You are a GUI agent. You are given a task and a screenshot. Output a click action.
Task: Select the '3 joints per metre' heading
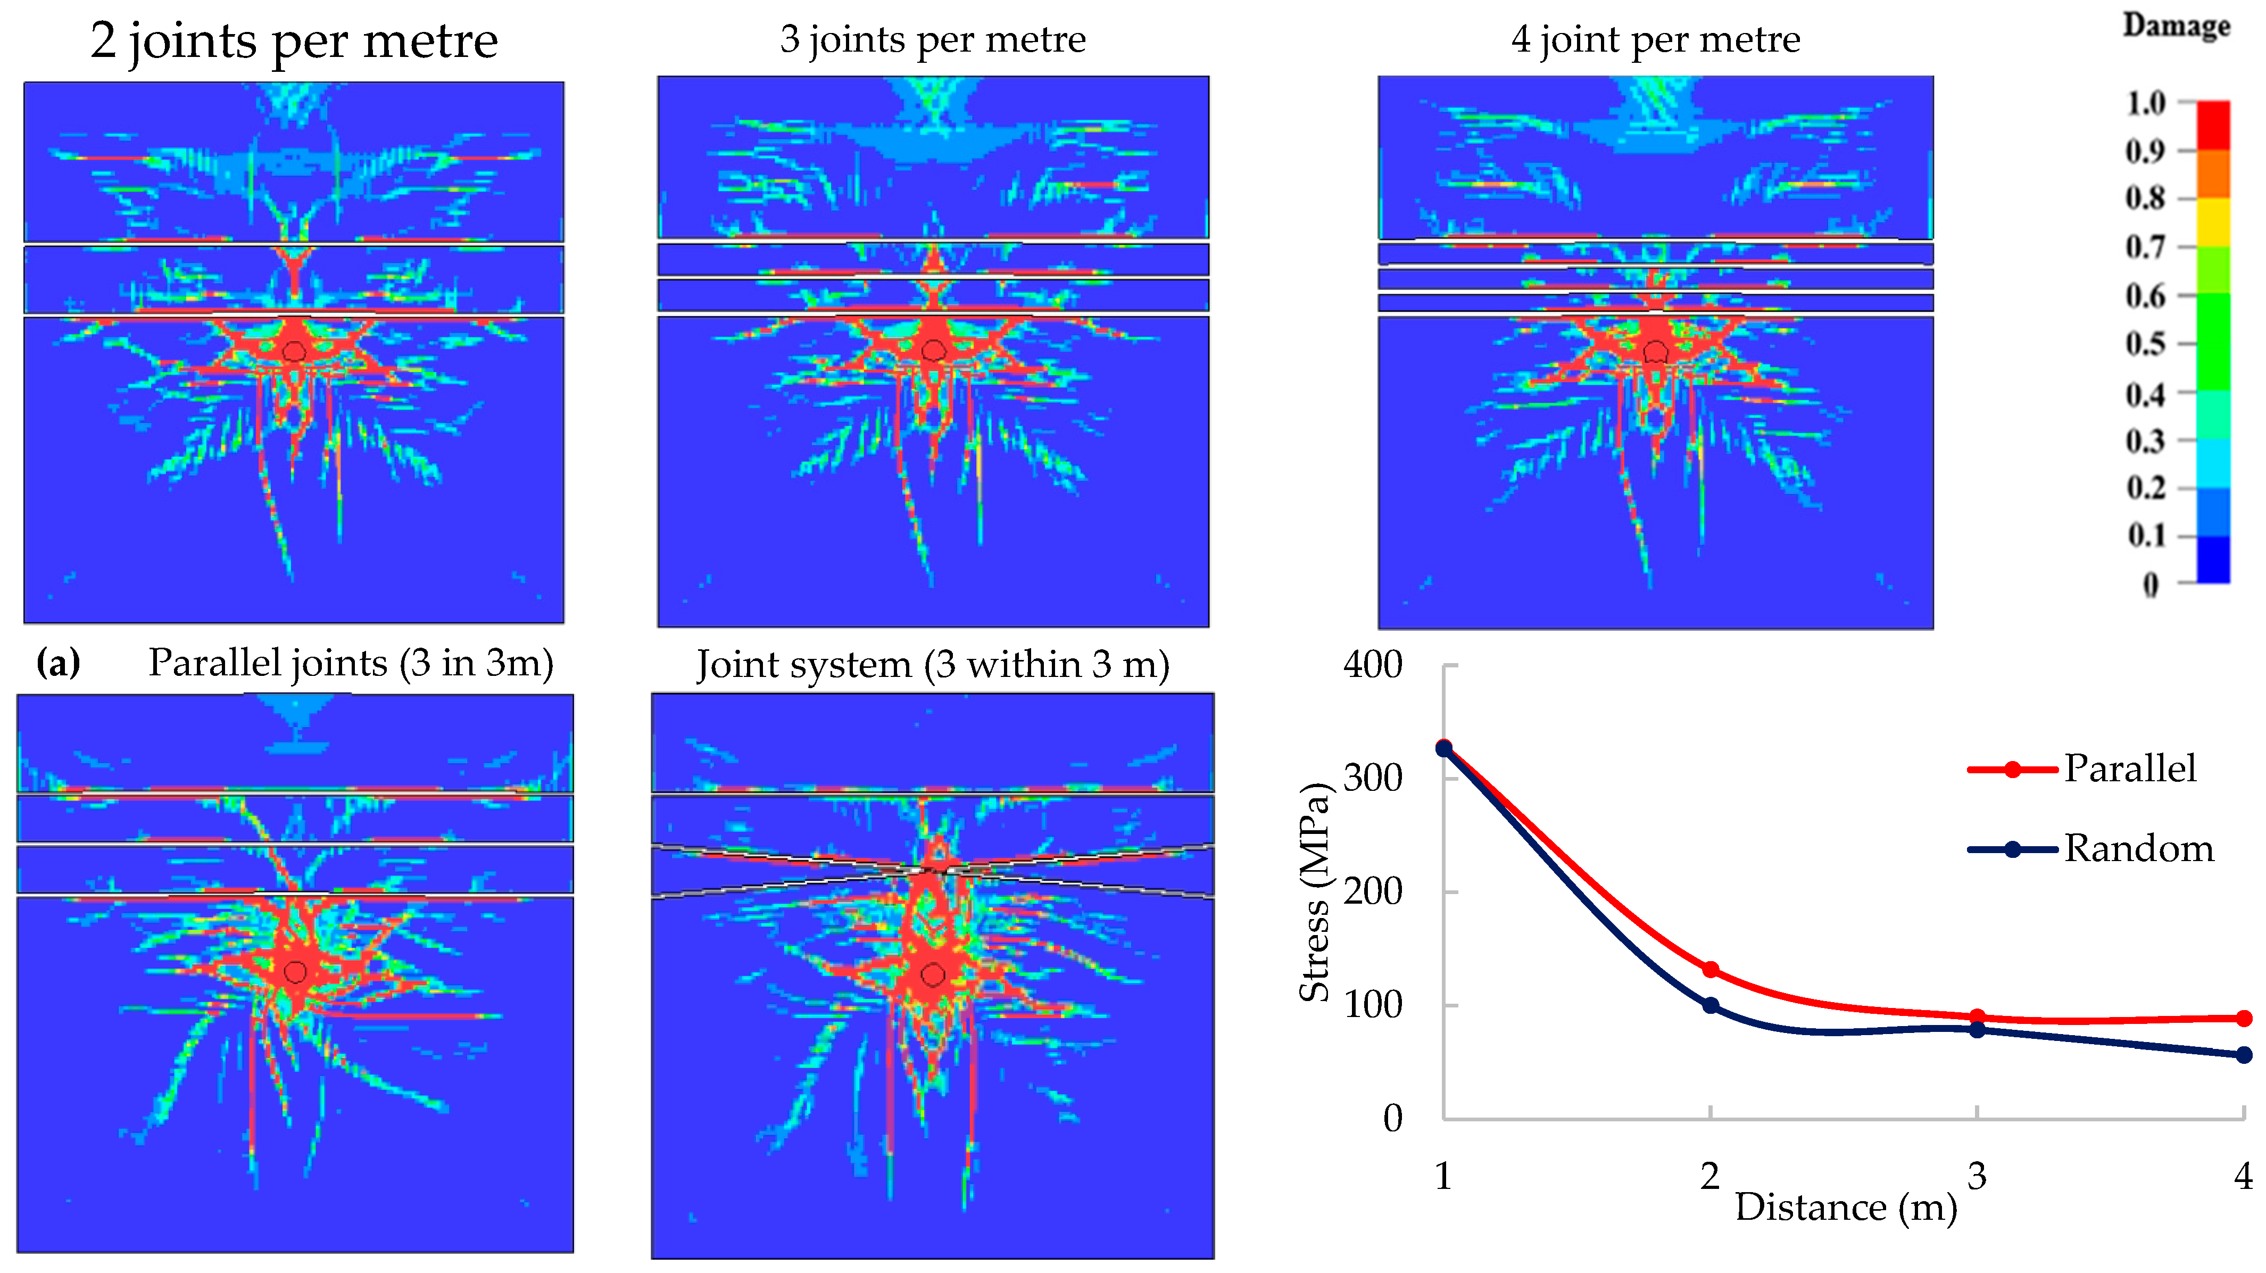click(933, 39)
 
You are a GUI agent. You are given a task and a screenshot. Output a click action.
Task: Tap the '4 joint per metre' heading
click(1656, 39)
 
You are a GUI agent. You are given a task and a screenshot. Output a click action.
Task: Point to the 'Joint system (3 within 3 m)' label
click(933, 664)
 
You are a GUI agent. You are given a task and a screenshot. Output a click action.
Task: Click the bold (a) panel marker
click(58, 663)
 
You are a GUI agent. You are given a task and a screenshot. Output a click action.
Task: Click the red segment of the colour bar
click(2213, 125)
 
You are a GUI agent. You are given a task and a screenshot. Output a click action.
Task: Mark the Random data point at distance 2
click(1710, 1005)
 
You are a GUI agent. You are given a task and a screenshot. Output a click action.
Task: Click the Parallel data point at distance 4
click(2243, 1018)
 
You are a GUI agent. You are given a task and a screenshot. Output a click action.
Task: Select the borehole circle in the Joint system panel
click(933, 974)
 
